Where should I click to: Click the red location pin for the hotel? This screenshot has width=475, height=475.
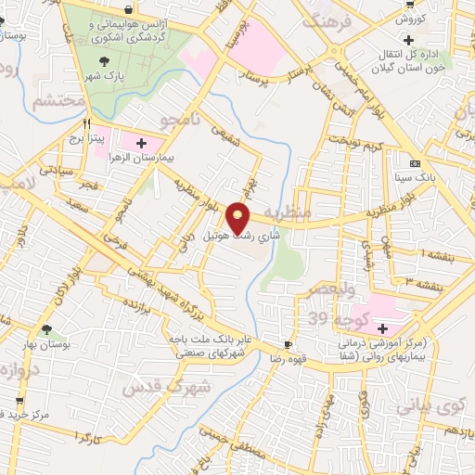[239, 216]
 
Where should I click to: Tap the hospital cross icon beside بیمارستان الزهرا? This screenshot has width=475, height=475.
[141, 144]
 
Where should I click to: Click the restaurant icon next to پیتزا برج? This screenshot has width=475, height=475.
[86, 122]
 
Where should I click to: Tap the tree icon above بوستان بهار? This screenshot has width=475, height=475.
[46, 329]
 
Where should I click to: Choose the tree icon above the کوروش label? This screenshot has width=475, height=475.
[410, 4]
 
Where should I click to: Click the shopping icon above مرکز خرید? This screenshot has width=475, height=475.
[19, 401]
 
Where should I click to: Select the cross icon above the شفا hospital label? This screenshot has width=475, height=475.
[382, 328]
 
